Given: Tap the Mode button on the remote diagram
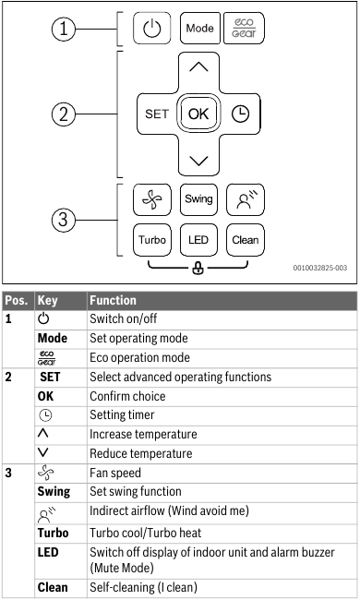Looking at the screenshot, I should click(199, 29).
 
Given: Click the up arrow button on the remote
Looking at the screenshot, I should click(199, 69).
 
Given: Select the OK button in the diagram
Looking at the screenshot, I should click(199, 114).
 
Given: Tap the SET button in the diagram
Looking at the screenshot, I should click(156, 114).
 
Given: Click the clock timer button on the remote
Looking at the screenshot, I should click(244, 114).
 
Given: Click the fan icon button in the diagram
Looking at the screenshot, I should click(154, 198).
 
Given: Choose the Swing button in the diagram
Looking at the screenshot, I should click(199, 198).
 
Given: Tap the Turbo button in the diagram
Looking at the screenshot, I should click(154, 240).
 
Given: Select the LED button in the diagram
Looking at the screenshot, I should click(199, 240).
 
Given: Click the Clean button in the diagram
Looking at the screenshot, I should click(245, 240).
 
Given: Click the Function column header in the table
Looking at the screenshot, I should click(112, 300).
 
